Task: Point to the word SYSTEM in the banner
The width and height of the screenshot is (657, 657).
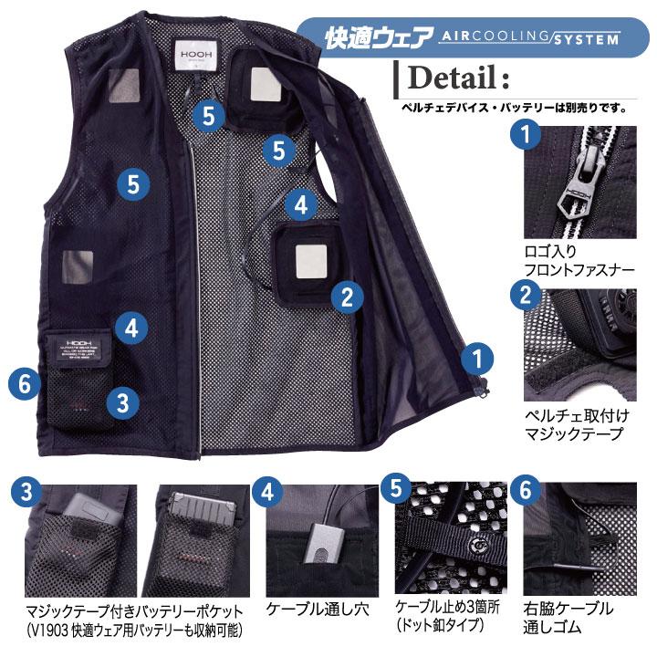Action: [584, 37]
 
